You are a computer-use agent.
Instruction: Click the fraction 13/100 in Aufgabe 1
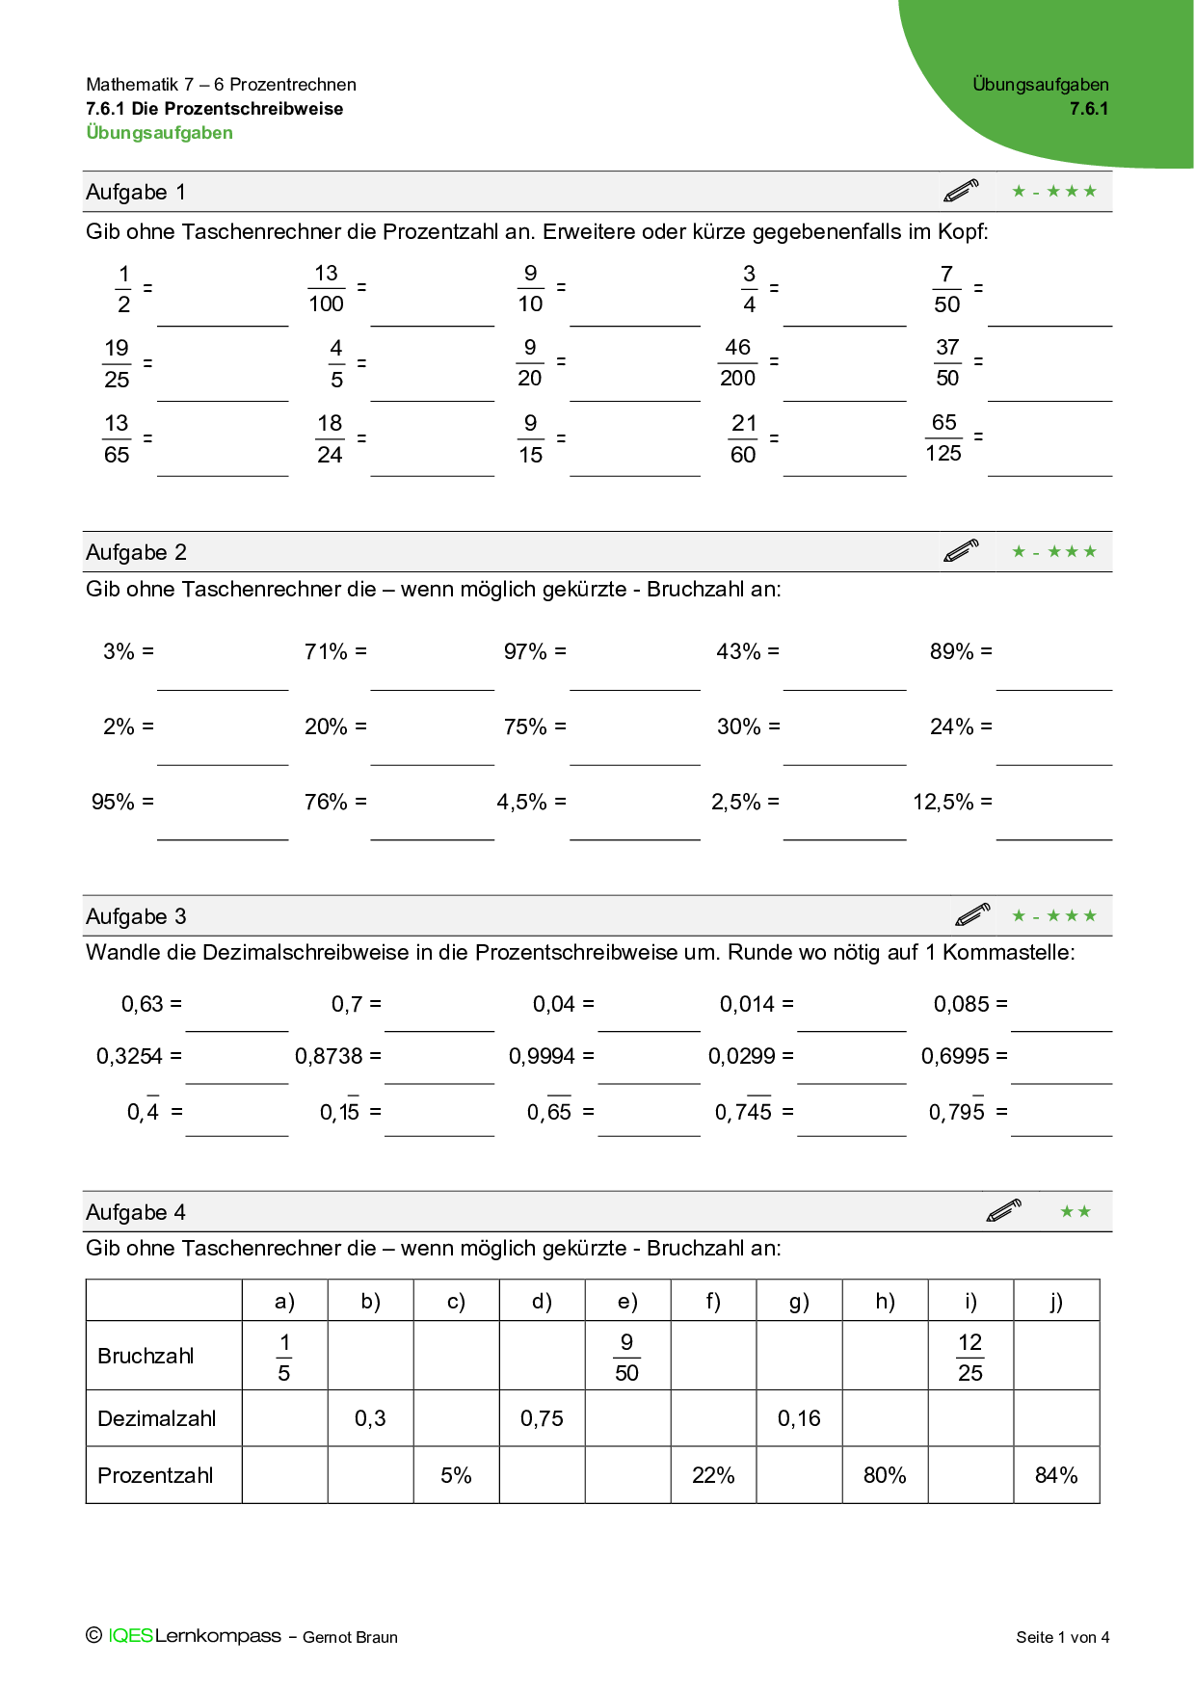(x=326, y=288)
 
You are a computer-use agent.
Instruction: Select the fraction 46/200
(x=737, y=362)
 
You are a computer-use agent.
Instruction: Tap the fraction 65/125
(x=943, y=437)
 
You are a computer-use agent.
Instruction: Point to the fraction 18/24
(x=330, y=438)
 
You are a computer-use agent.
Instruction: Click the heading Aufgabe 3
(x=136, y=916)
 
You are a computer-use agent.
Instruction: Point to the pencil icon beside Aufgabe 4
(x=1003, y=1211)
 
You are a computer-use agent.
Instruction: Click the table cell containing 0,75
(x=542, y=1418)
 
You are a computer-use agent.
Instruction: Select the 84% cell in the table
(x=1056, y=1475)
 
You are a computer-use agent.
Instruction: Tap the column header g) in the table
(x=799, y=1302)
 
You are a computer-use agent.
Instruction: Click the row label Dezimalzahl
(x=157, y=1418)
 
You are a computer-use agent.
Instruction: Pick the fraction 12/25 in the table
(x=970, y=1357)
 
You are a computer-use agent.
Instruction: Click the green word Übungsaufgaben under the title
(x=160, y=133)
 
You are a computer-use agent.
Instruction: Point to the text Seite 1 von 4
(x=1062, y=1637)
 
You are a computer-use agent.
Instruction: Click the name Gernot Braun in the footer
(x=350, y=1637)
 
